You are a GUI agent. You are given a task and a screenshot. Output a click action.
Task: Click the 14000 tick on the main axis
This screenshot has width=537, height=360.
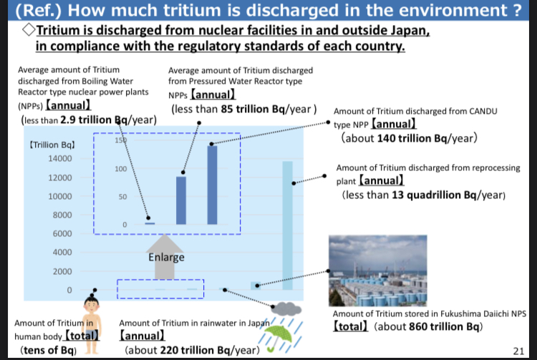[x=60, y=158]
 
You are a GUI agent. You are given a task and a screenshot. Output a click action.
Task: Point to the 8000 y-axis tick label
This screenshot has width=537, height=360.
[x=62, y=215]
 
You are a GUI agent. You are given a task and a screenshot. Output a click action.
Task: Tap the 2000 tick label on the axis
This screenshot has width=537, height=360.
[x=62, y=271]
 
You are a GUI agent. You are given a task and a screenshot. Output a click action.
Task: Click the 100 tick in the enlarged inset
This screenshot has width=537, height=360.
[x=120, y=169]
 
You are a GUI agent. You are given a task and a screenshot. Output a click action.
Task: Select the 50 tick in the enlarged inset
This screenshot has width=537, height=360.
[x=122, y=197]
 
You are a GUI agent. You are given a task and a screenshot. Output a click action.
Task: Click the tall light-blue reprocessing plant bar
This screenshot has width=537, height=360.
[x=287, y=225]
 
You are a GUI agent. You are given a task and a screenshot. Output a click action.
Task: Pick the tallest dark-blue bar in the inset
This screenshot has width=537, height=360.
[x=212, y=185]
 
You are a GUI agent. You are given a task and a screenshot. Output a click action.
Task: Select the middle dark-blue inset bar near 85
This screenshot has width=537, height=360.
[x=181, y=200]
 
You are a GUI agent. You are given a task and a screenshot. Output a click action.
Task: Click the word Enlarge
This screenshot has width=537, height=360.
[x=166, y=257]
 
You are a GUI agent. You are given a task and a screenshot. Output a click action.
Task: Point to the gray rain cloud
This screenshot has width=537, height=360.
[x=287, y=309]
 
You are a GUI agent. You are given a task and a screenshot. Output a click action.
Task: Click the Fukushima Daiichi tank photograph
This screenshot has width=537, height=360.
[x=378, y=271]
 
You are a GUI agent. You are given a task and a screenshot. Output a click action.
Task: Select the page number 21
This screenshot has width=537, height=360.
[x=518, y=351]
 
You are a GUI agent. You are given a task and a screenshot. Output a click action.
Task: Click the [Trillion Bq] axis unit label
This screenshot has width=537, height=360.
[x=52, y=145]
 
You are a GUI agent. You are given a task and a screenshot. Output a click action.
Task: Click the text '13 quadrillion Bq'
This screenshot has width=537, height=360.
[x=434, y=195]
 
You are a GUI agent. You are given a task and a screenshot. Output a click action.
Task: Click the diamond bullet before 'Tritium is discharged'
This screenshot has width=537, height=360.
[x=29, y=30]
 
